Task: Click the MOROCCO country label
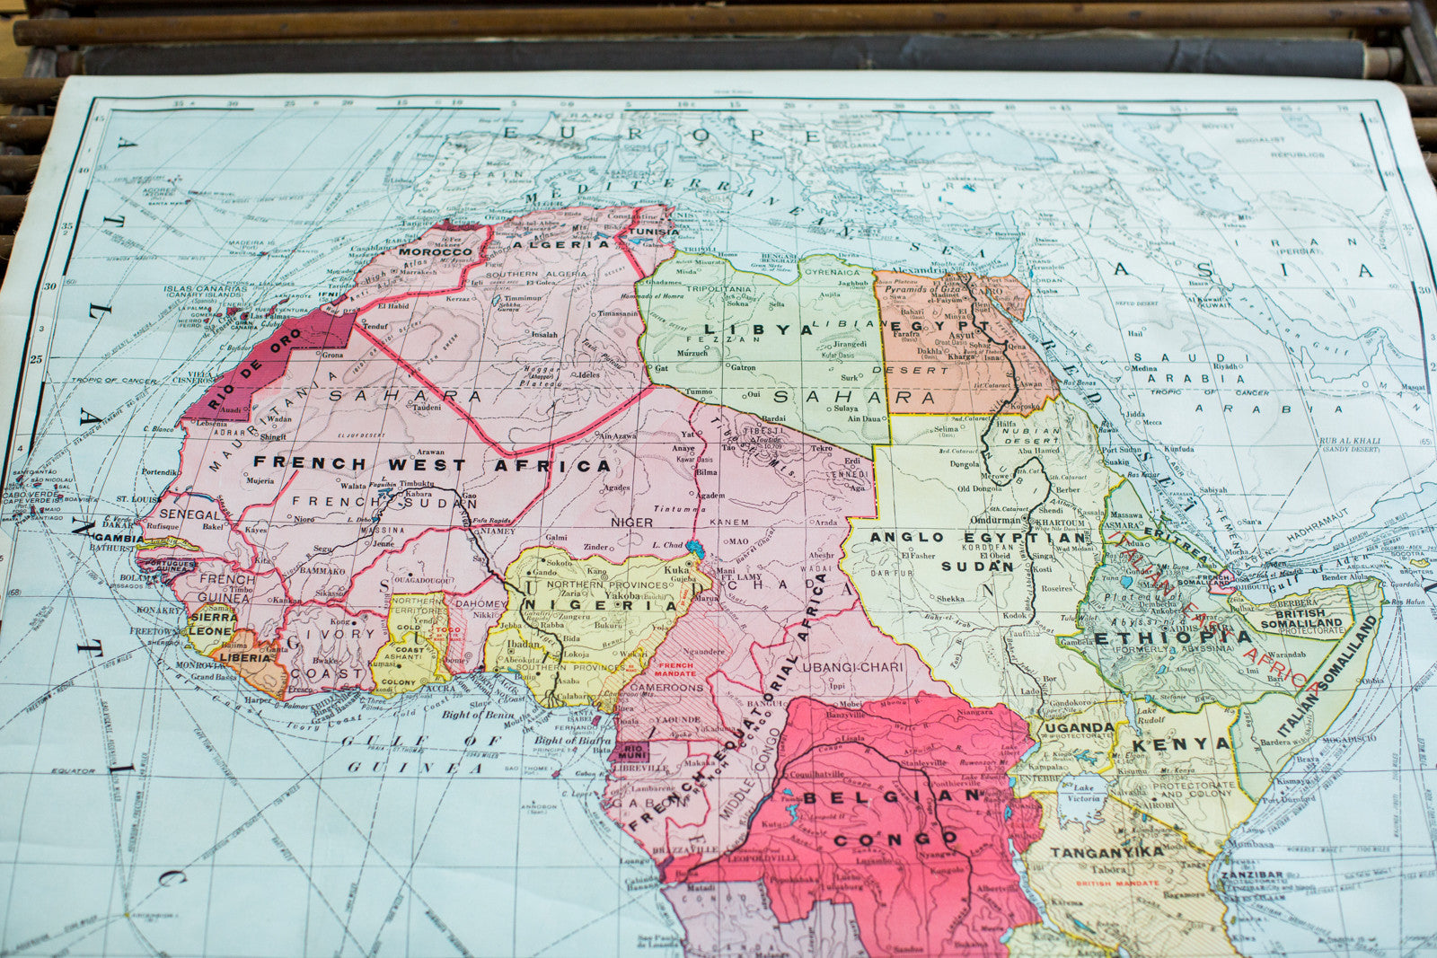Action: [x=436, y=252]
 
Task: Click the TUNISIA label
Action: [x=653, y=231]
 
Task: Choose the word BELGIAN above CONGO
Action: [x=893, y=796]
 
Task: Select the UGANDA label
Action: [x=1079, y=726]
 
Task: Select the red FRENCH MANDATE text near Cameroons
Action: [x=675, y=669]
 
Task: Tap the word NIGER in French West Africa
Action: [x=631, y=522]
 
